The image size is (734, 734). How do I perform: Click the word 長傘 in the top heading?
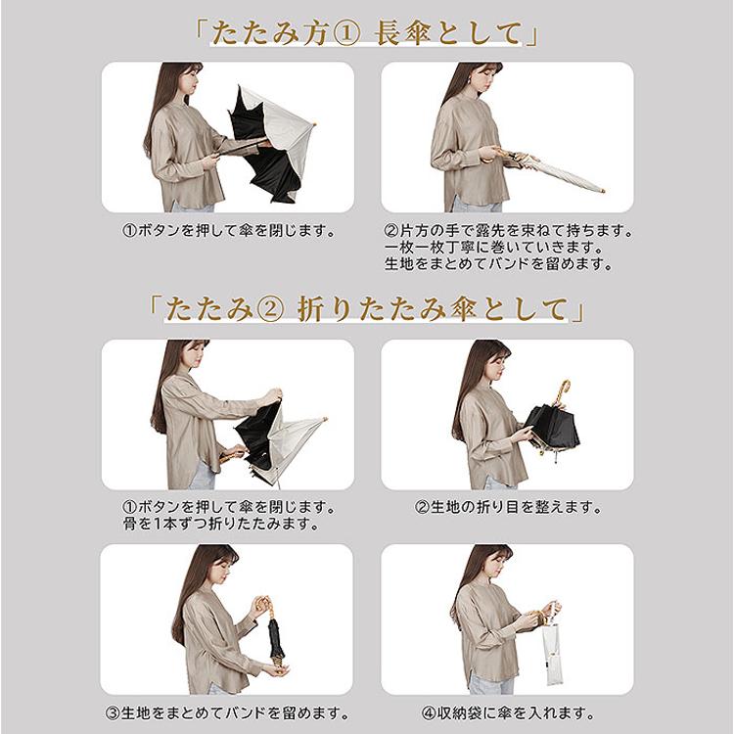point(402,33)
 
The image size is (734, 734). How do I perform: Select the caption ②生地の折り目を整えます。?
point(508,507)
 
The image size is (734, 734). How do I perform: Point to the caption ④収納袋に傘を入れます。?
point(508,713)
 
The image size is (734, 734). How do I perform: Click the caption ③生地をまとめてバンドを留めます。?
point(227,713)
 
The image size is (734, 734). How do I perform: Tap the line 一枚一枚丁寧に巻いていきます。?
point(493,247)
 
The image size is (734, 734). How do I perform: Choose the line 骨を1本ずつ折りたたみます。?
point(221,524)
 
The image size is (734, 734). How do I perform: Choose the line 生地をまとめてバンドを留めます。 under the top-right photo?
point(499,264)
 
